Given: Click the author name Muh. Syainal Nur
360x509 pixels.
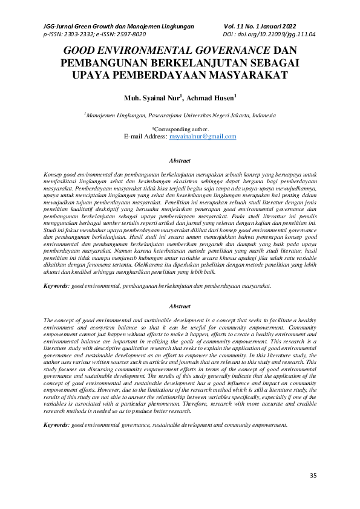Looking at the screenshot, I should [142, 97].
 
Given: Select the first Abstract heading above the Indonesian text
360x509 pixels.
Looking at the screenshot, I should [180, 161].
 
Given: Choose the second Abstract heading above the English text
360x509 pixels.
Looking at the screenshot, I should [180, 307].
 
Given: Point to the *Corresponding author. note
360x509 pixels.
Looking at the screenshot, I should [180, 129].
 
